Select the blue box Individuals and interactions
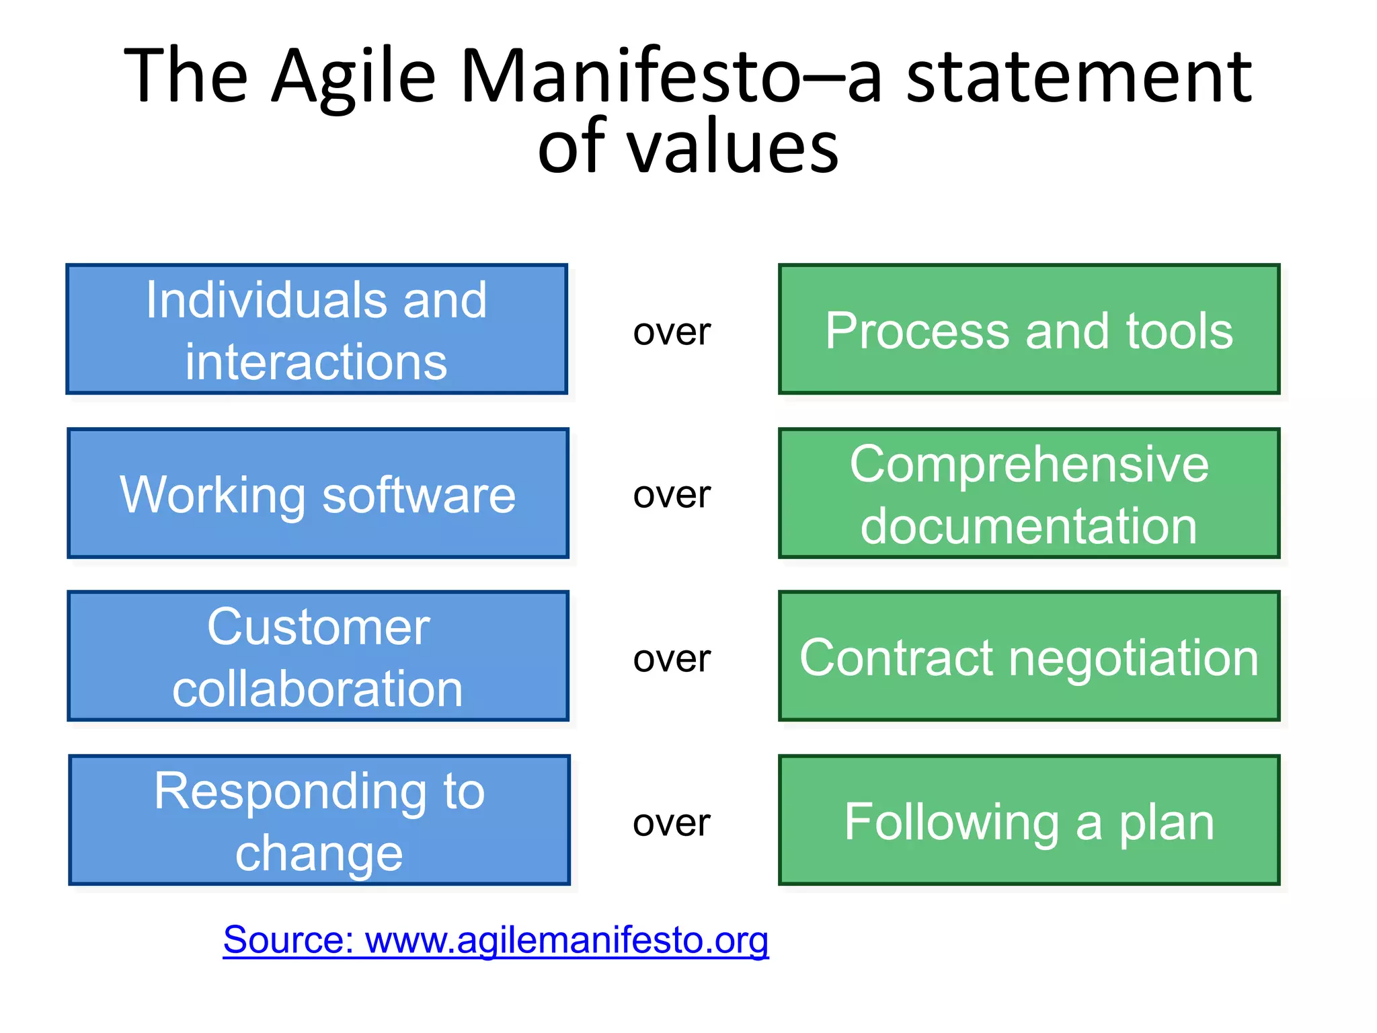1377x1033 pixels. [317, 330]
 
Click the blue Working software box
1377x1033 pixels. [318, 494]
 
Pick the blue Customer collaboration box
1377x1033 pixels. [318, 656]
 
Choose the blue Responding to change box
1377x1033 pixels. [319, 820]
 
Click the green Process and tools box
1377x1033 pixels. [1029, 330]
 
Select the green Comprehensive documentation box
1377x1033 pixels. [1029, 494]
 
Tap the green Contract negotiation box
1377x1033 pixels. [1029, 656]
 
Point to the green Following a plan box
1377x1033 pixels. [1029, 820]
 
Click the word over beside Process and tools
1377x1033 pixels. [672, 332]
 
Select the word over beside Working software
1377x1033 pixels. [672, 496]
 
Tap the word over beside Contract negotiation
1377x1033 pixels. [672, 659]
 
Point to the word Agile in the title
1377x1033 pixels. [354, 77]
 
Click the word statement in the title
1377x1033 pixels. [1078, 77]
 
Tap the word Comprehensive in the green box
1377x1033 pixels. [1029, 465]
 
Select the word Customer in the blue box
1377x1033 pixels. [318, 627]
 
